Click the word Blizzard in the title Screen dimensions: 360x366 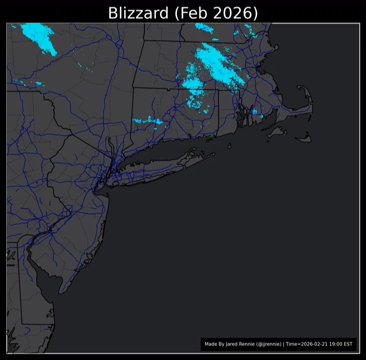[x=138, y=13]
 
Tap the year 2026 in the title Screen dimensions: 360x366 [x=235, y=13]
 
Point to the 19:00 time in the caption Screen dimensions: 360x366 [x=334, y=344]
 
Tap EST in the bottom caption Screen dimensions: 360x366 [x=348, y=344]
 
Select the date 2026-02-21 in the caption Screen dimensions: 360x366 [x=313, y=344]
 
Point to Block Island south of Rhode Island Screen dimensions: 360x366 [x=230, y=146]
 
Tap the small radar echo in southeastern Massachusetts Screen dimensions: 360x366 [x=255, y=112]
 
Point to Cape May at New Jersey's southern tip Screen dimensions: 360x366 [x=61, y=292]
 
